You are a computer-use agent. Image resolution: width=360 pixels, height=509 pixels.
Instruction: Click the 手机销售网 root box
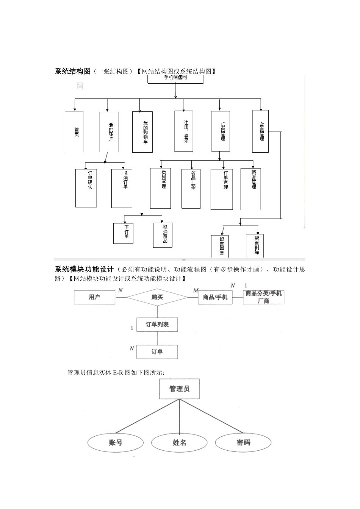pyautogui.click(x=175, y=79)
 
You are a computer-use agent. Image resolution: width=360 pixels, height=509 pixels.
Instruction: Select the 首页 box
pyautogui.click(x=74, y=131)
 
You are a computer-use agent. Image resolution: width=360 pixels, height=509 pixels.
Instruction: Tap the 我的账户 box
pyautogui.click(x=108, y=132)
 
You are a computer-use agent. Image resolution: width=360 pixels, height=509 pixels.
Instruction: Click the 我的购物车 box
pyautogui.click(x=142, y=132)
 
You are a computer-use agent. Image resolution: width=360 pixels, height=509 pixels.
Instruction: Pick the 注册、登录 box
pyautogui.click(x=184, y=131)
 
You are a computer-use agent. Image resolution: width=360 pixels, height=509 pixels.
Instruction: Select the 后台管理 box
pyautogui.click(x=220, y=131)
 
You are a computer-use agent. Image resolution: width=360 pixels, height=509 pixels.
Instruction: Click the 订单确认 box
pyautogui.click(x=86, y=188)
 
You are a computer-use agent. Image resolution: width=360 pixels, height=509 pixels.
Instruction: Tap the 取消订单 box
pyautogui.click(x=122, y=188)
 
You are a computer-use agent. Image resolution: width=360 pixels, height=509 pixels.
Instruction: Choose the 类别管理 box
pyautogui.click(x=160, y=188)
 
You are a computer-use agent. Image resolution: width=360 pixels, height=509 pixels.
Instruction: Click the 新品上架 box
pyautogui.click(x=191, y=189)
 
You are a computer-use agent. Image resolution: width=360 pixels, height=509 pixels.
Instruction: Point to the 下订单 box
pyautogui.click(x=123, y=233)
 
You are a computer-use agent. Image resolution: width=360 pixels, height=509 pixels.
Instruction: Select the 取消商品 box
pyautogui.click(x=163, y=235)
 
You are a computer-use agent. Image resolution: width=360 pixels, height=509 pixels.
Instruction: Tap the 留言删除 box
pyautogui.click(x=255, y=245)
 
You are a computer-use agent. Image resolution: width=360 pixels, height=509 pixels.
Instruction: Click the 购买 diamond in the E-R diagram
pyautogui.click(x=157, y=297)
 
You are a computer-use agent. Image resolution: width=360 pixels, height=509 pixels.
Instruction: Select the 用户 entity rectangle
pyautogui.click(x=94, y=297)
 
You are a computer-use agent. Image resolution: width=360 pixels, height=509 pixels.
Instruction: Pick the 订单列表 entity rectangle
pyautogui.click(x=157, y=325)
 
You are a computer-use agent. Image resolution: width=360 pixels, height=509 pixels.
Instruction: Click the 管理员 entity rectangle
pyautogui.click(x=179, y=389)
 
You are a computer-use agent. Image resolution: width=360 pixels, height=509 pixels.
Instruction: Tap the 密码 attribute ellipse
pyautogui.click(x=243, y=442)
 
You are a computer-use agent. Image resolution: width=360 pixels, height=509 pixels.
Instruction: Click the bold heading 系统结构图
pyautogui.click(x=73, y=71)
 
